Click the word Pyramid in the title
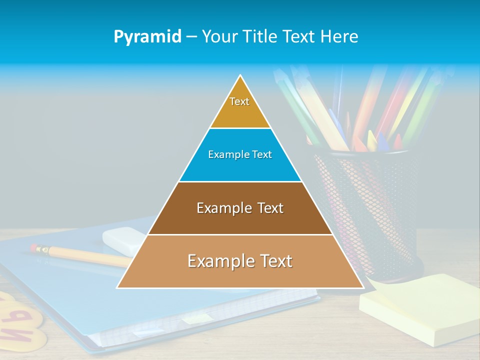[147, 37]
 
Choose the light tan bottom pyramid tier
[240, 275]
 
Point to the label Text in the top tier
[239, 101]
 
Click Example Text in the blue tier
[240, 154]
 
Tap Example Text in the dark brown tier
[240, 208]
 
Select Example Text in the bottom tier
[240, 261]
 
